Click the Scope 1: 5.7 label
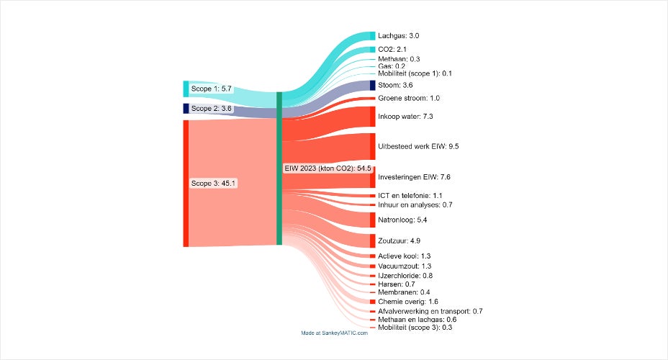[x=211, y=89]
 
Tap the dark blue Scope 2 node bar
[x=186, y=108]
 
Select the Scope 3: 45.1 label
[x=213, y=183]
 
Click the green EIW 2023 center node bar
[x=279, y=168]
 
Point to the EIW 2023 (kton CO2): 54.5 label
[x=328, y=168]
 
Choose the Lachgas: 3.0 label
[x=398, y=35]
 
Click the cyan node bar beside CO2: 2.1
[x=372, y=49]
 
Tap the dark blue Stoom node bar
[x=372, y=85]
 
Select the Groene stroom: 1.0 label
[x=408, y=98]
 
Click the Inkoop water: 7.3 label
[x=405, y=116]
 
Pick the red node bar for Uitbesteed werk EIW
[x=372, y=146]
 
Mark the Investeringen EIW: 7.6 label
[x=413, y=176]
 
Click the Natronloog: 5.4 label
[x=402, y=220]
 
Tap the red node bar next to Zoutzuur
[x=372, y=240]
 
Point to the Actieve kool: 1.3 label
[x=404, y=256]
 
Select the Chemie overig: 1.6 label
[x=408, y=302]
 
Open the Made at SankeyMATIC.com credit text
[x=334, y=333]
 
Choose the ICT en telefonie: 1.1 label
[x=410, y=195]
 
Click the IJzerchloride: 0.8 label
[x=405, y=276]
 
